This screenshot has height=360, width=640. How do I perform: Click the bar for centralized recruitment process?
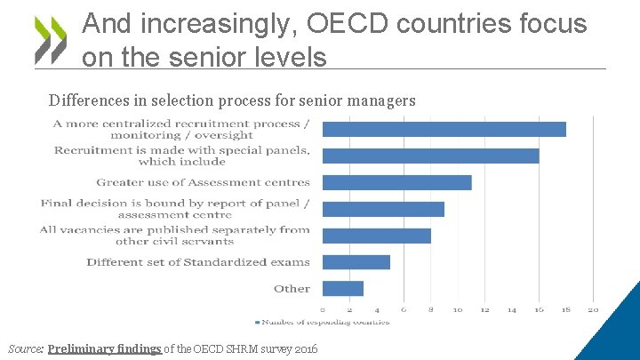[444, 129]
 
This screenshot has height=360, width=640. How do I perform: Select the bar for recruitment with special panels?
[430, 156]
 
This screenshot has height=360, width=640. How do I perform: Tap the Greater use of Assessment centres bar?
[396, 182]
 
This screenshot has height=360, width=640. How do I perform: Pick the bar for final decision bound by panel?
[383, 209]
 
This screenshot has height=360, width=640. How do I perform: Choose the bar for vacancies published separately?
[376, 236]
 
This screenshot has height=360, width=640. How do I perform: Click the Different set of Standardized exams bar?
[356, 262]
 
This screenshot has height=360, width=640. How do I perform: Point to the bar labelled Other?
[342, 288]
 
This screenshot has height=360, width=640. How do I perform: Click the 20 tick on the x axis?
[593, 309]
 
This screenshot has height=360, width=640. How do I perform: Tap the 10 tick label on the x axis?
[457, 309]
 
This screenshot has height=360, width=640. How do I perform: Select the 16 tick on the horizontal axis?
[539, 309]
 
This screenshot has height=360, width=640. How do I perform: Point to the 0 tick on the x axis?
[323, 309]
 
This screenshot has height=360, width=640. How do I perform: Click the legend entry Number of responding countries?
[325, 322]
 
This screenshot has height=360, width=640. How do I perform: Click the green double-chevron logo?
[51, 40]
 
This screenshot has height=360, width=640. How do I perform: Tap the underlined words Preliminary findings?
[105, 348]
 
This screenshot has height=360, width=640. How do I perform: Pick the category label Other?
[292, 289]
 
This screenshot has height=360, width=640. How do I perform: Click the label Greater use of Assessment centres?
[203, 182]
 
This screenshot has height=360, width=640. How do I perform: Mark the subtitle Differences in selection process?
[232, 100]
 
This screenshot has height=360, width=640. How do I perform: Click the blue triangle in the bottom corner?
[618, 333]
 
